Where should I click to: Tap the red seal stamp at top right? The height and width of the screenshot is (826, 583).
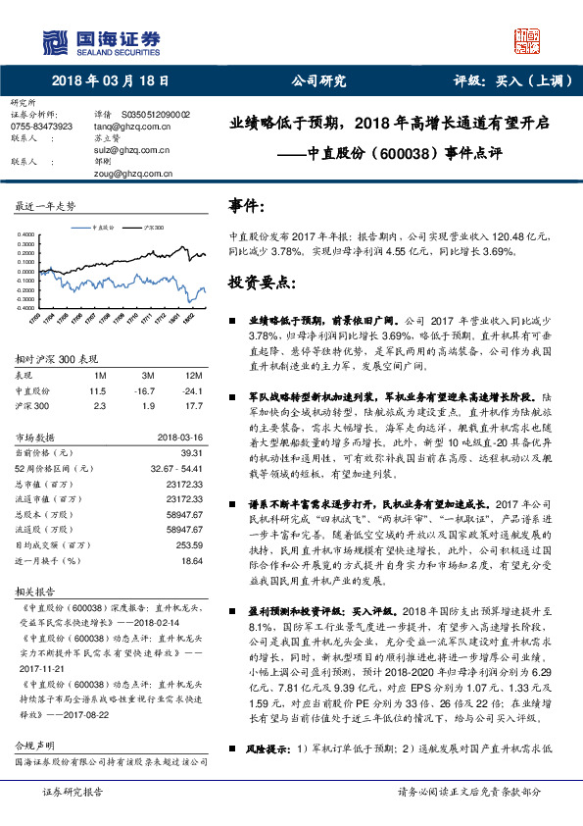click(x=527, y=40)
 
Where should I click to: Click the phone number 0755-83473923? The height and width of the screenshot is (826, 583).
click(x=40, y=127)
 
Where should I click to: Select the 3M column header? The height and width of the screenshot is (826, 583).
click(x=147, y=376)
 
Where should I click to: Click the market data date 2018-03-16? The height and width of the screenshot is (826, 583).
click(x=178, y=437)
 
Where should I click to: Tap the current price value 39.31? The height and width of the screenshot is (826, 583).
click(x=190, y=452)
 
